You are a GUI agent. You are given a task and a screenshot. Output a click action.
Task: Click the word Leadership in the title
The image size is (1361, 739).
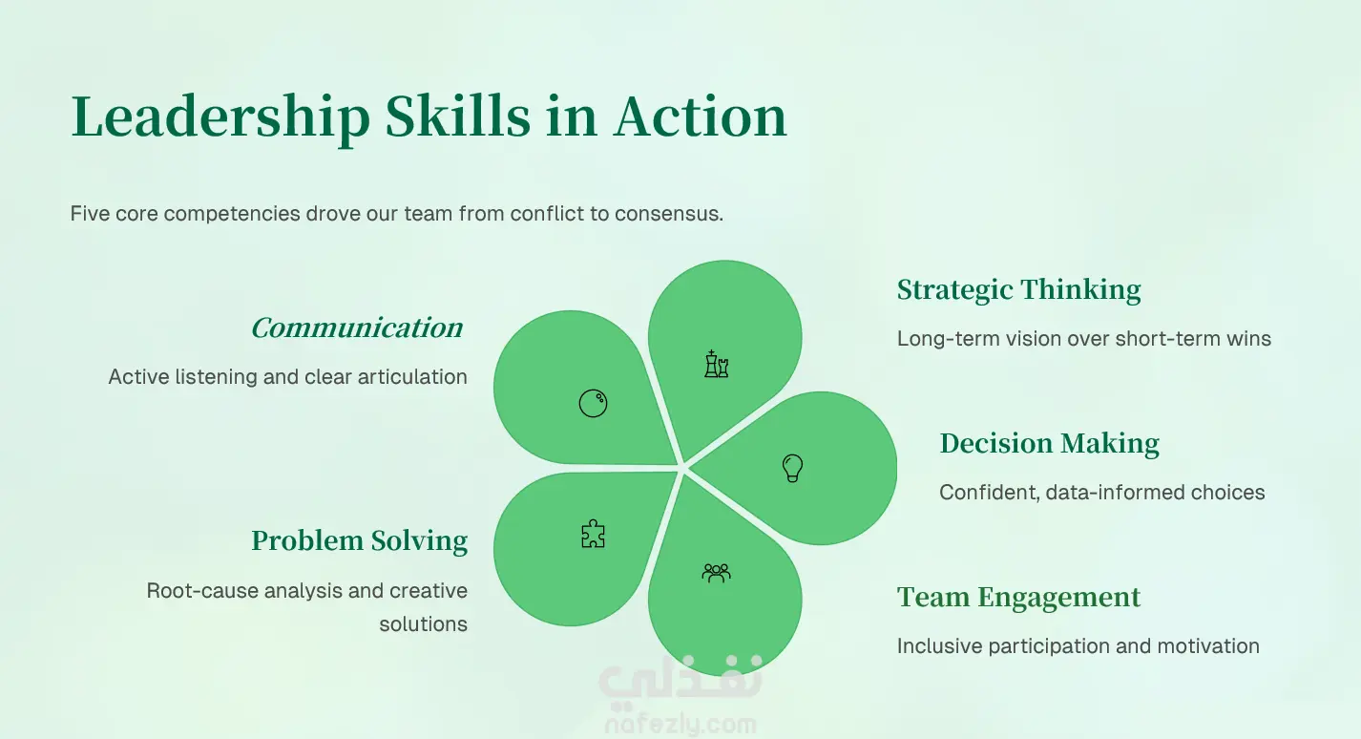coord(220,116)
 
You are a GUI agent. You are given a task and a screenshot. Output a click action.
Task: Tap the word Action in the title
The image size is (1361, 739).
coord(700,116)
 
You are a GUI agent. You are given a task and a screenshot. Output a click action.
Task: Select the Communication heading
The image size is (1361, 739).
coord(357,328)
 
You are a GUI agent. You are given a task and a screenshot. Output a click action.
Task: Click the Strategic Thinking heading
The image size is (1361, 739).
coord(1019,290)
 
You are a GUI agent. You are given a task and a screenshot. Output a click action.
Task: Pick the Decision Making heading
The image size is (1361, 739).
coord(1049,444)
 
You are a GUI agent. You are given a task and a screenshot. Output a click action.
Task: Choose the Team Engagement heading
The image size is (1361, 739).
coord(1019,598)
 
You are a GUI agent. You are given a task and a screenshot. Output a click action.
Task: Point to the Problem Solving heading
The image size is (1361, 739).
coord(360,540)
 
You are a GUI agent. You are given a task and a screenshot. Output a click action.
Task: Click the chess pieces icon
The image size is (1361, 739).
coord(717,364)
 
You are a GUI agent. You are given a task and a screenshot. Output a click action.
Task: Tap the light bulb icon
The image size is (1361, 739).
coord(792,468)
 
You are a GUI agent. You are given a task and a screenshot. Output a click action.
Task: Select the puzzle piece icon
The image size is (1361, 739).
coord(593,534)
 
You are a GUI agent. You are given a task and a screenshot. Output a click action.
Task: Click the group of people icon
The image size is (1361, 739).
coord(717,573)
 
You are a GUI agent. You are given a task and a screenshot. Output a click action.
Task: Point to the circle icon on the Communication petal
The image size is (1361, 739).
coord(593,403)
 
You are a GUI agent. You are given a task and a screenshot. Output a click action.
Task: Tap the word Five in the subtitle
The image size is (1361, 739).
coord(90,214)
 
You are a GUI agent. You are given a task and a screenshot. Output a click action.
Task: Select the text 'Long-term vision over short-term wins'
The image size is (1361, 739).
coord(1084,339)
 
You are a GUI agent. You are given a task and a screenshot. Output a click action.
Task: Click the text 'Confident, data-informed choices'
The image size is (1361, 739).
coord(1102,493)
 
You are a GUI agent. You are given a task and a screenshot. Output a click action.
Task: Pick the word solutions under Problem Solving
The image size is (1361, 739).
coord(424,624)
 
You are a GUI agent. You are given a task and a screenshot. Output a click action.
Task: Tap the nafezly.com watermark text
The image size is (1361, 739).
coord(680,725)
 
